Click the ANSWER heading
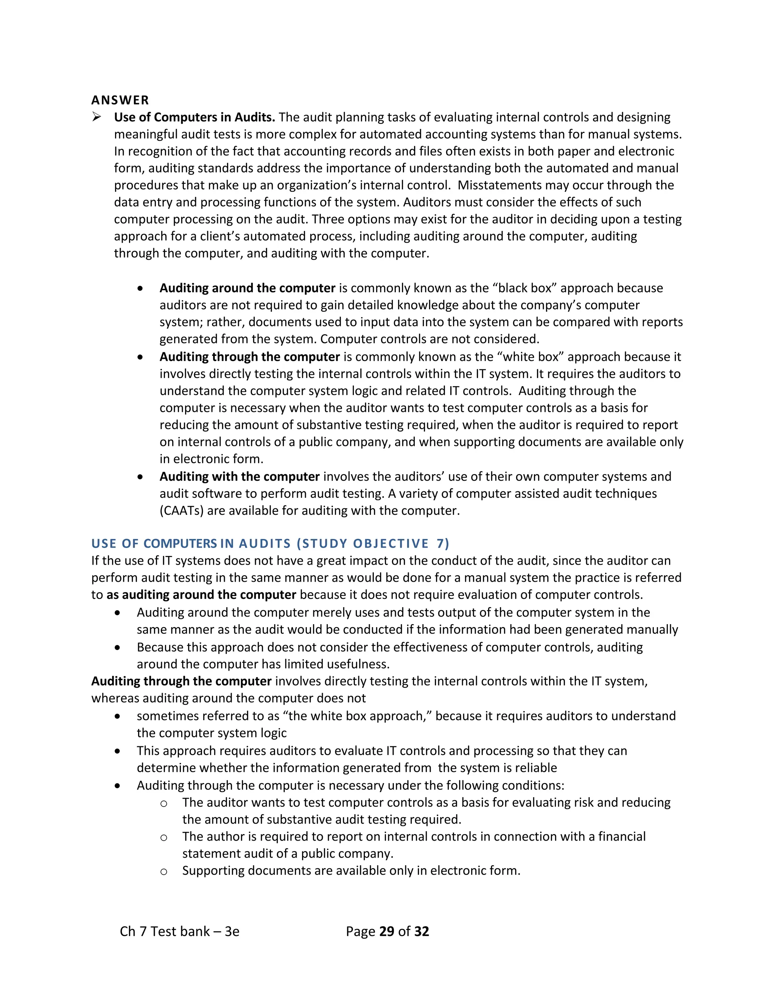[120, 100]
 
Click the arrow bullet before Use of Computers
[96, 117]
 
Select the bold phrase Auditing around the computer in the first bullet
[247, 288]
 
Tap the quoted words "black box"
[524, 288]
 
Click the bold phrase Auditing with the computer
[239, 476]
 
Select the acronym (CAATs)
[181, 511]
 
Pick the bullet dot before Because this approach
[118, 648]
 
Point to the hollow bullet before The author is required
[163, 838]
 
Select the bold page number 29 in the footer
[387, 931]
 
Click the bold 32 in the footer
[421, 931]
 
